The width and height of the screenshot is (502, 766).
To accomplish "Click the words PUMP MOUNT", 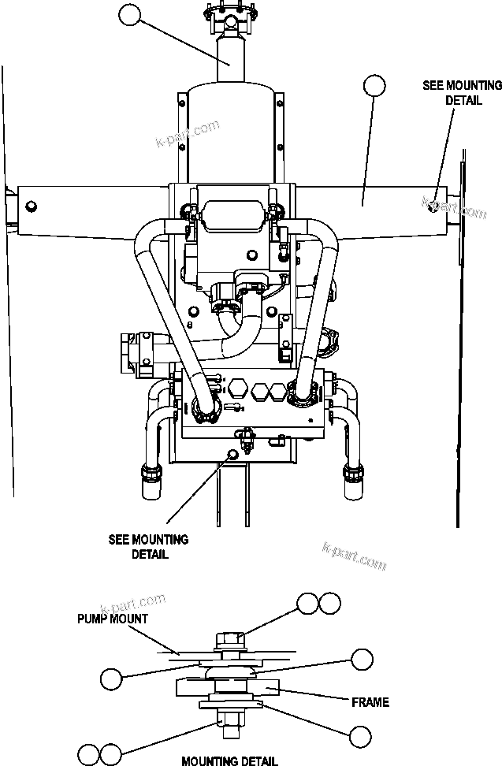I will click(x=112, y=619).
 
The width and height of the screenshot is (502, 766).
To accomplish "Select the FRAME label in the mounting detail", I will click(x=370, y=701).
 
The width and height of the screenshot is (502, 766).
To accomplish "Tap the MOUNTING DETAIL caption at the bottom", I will click(x=229, y=760).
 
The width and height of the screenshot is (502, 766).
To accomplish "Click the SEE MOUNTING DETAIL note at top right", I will click(x=452, y=93).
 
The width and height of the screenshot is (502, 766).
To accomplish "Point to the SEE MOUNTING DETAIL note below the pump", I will click(x=148, y=547).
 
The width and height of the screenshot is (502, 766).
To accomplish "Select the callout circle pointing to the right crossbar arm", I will click(x=375, y=85).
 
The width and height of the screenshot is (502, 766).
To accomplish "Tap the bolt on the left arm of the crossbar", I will click(x=31, y=206).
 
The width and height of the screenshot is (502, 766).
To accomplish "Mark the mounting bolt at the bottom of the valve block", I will click(x=232, y=453).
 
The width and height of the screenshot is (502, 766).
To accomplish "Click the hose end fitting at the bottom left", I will click(x=150, y=475).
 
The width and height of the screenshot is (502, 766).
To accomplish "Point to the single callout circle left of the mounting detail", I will click(x=112, y=676).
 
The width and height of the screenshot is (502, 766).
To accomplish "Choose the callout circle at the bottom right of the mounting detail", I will click(x=360, y=736).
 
